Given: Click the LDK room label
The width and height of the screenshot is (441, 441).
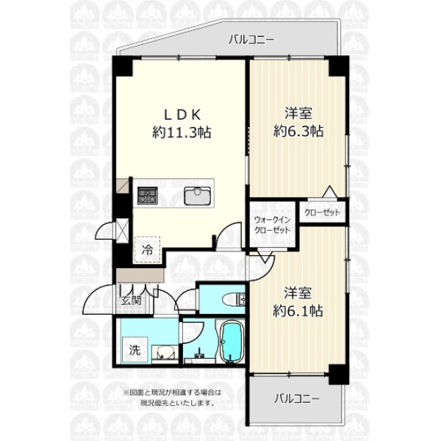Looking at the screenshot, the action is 182,115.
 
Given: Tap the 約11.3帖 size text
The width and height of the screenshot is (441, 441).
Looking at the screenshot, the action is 182,132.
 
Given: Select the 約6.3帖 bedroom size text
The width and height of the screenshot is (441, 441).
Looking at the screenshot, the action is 298,131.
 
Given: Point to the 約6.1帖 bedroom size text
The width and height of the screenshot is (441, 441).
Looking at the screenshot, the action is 298,311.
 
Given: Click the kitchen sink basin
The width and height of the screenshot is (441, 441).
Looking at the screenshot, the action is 197,196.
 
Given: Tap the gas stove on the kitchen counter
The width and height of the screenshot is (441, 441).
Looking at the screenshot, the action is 148,196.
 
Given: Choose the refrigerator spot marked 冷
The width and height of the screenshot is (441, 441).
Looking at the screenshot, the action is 148,250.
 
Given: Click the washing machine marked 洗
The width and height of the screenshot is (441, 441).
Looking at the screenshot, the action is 135,350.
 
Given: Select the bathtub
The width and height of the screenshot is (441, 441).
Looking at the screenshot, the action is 232,341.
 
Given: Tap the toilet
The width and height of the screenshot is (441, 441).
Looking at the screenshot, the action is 234,300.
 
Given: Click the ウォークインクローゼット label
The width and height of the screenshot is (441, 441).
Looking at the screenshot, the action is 272,225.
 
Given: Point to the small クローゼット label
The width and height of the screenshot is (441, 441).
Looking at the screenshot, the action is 323,212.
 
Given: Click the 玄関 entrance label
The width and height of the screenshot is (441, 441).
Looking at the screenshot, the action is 131,301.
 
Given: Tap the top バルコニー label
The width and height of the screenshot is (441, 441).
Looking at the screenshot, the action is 251,40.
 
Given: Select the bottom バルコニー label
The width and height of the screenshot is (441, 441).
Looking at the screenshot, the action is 297,399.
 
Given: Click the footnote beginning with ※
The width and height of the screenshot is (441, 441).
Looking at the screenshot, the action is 173,398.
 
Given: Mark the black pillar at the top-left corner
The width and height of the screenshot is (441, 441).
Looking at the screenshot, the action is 123,66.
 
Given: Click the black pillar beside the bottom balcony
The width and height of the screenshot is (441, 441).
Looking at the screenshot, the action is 339,374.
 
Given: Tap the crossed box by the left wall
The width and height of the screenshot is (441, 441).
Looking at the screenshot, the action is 123,231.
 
